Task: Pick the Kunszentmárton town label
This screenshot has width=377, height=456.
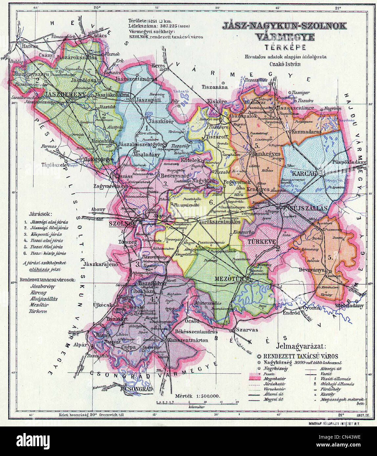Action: coord(188,340)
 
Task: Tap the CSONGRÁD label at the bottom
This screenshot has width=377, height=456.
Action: coord(139,389)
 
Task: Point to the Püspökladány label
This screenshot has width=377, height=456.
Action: coord(349,162)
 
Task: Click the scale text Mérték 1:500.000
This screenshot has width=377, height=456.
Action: coord(197,396)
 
